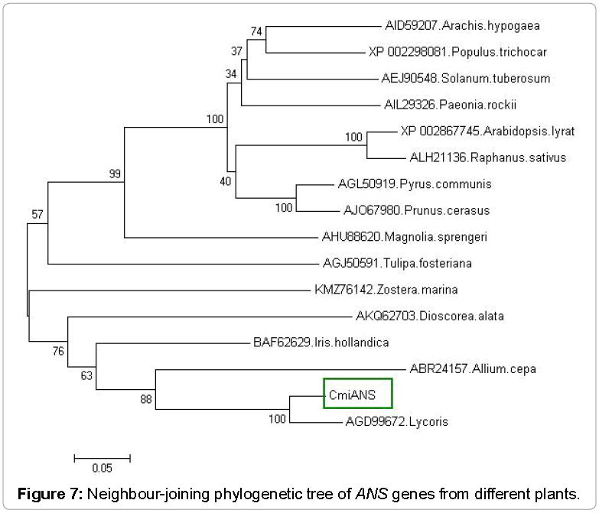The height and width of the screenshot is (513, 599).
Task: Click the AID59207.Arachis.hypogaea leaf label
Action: pos(463,26)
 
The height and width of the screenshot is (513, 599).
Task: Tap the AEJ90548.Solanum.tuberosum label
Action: pos(466,79)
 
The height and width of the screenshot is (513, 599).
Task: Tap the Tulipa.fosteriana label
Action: pos(397,264)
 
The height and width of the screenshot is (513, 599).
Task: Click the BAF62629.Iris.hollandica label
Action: pos(321,343)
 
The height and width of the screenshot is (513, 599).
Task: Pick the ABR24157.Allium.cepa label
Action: pos(473,369)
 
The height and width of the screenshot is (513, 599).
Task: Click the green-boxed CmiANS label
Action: pos(357,394)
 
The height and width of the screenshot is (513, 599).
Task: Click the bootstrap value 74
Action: pos(256,31)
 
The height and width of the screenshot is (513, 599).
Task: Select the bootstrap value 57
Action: pos(37,213)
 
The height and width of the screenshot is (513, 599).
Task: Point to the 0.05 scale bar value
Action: pos(102,468)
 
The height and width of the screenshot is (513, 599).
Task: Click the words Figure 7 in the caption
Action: pos(50,493)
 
